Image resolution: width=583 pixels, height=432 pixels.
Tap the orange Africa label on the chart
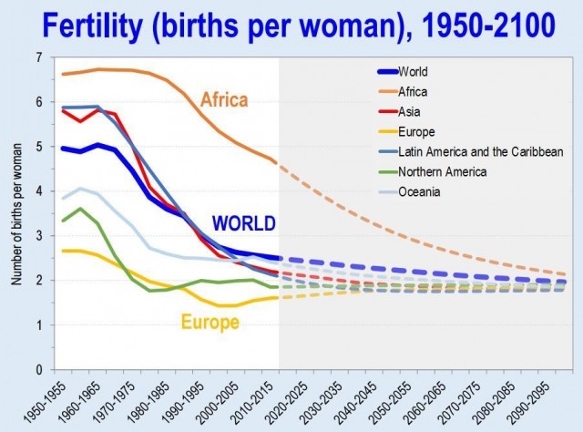[x=224, y=98]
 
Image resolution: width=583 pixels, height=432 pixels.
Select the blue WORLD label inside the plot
[x=244, y=222]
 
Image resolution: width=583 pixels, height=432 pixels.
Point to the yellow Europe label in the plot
[x=210, y=322]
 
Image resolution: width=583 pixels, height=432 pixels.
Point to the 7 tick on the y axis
[x=38, y=58]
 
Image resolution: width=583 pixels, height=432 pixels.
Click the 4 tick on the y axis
[x=38, y=191]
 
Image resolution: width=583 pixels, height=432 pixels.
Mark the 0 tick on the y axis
[x=38, y=370]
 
